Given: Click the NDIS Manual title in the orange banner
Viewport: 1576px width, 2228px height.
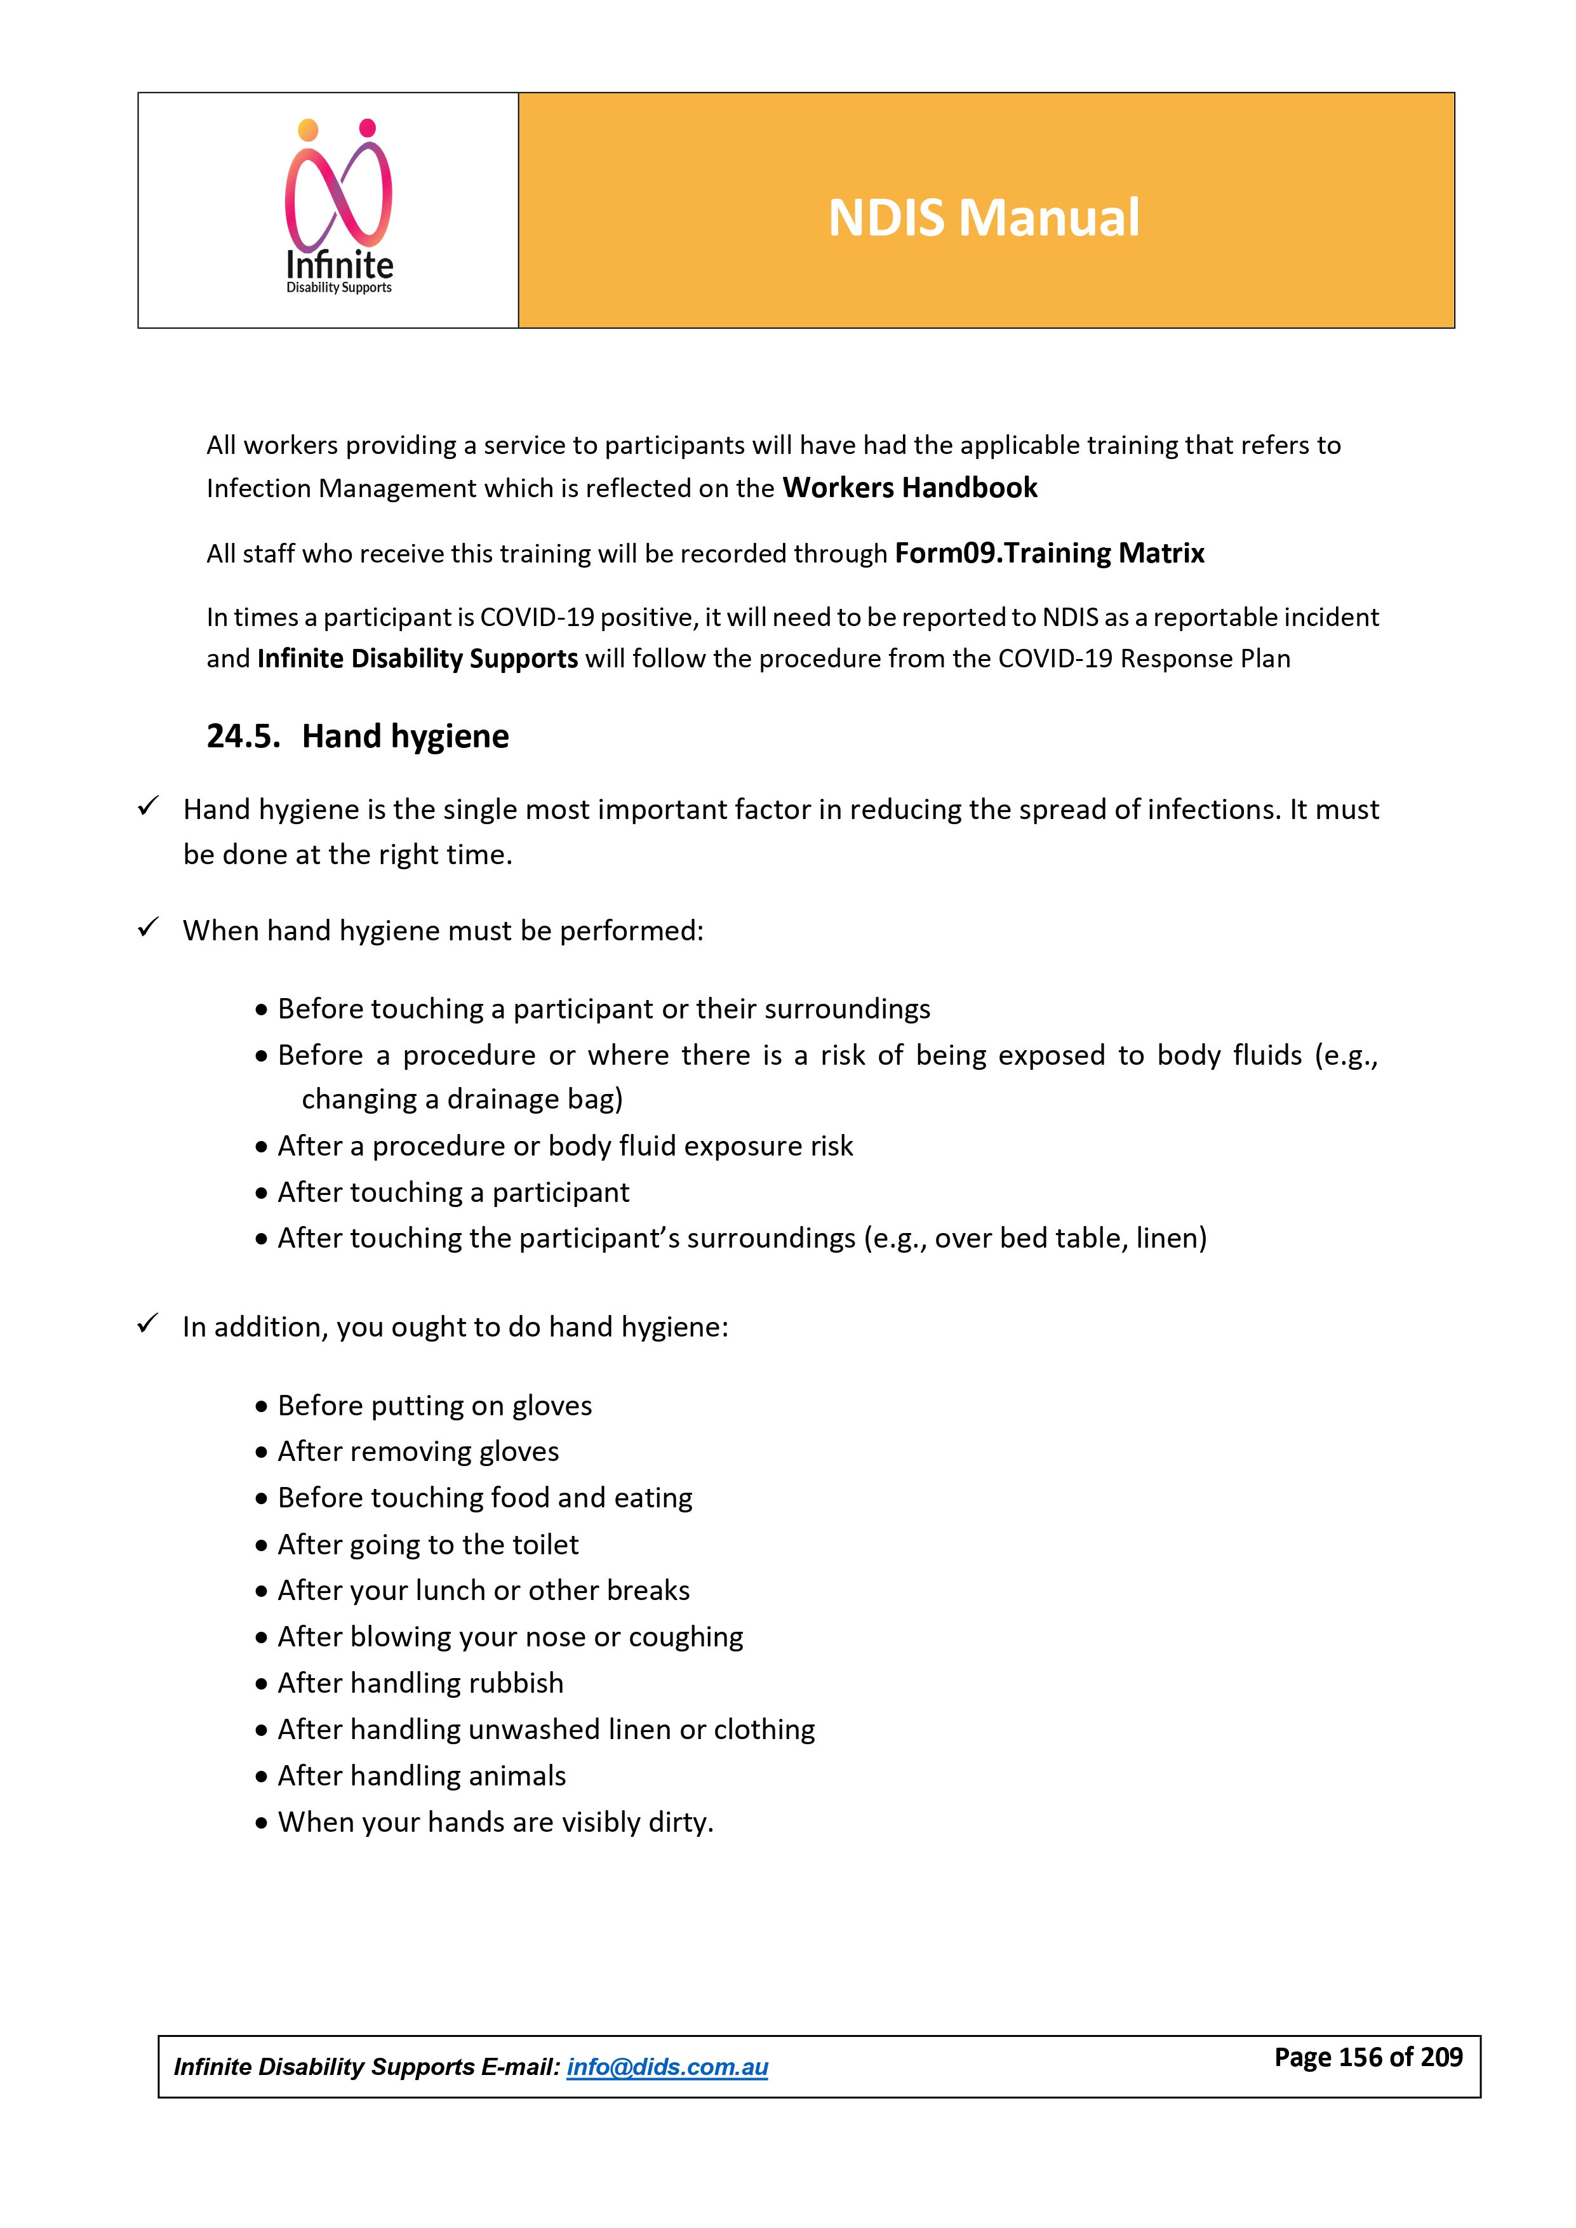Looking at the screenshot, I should [983, 217].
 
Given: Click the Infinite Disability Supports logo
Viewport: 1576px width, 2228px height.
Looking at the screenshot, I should [338, 208].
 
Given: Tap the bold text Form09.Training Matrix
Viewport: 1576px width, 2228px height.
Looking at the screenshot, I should [1049, 553].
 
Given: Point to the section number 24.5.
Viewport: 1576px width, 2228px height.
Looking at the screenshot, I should [243, 737].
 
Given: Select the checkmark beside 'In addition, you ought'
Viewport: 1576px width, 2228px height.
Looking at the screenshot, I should [147, 1324].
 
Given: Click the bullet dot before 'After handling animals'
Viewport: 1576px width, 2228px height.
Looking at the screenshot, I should [261, 1777].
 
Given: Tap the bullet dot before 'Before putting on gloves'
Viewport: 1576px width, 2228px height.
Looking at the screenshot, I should [261, 1406].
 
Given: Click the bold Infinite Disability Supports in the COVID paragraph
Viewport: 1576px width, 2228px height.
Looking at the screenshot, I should [417, 659].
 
